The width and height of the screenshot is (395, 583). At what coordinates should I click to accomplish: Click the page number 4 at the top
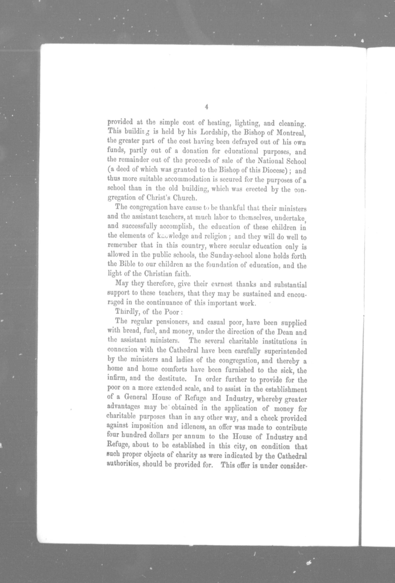pos(206,107)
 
